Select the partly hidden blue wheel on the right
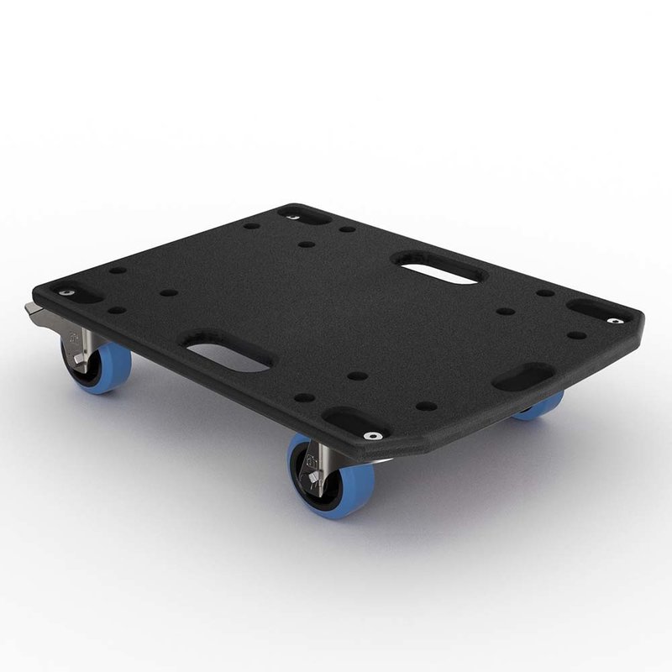539,407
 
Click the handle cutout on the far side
436,269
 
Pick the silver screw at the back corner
291,217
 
